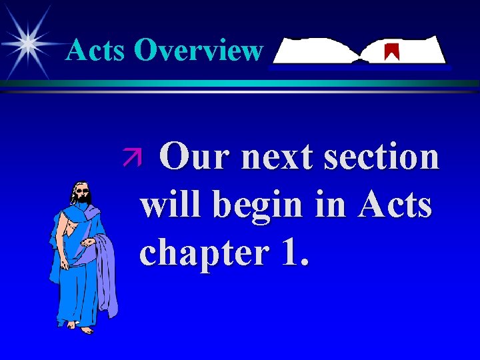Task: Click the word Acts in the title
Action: [x=96, y=50]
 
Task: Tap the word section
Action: [x=383, y=158]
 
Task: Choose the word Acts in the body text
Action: [x=395, y=205]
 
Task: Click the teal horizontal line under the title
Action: [x=240, y=83]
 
